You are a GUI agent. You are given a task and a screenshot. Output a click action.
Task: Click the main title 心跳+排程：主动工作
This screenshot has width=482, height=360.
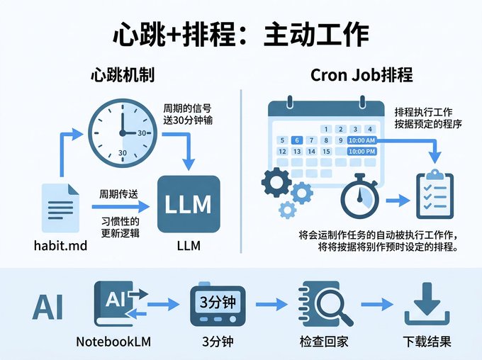coord(241,34)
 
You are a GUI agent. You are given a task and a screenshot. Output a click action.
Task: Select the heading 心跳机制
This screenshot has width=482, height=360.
coord(123,75)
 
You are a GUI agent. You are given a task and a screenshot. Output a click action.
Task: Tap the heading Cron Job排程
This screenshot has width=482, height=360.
coord(361,75)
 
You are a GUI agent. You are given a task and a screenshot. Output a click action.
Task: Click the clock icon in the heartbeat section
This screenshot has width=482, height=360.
coord(121,132)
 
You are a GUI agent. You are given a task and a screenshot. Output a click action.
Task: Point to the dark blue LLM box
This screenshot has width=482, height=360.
coord(188,204)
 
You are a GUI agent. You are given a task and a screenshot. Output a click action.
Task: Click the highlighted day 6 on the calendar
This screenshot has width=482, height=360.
coord(298,140)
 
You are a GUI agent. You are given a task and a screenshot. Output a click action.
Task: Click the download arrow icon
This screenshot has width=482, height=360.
coord(427,304)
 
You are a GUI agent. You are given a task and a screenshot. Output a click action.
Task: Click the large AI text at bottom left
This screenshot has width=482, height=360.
coord(48,306)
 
